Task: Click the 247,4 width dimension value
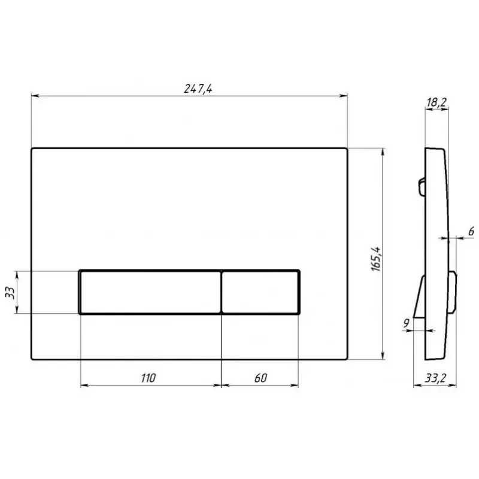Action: pyautogui.click(x=198, y=89)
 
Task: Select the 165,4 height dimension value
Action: pyautogui.click(x=376, y=259)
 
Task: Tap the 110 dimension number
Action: pyautogui.click(x=148, y=378)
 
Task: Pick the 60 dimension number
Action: pyautogui.click(x=260, y=378)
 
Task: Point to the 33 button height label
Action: pyautogui.click(x=10, y=292)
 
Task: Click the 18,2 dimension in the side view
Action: pyautogui.click(x=437, y=102)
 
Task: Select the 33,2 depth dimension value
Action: pyautogui.click(x=435, y=378)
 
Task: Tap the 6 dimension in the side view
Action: pyautogui.click(x=471, y=231)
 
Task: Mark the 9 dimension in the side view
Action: pyautogui.click(x=407, y=323)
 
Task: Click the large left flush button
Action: pyautogui.click(x=150, y=292)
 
